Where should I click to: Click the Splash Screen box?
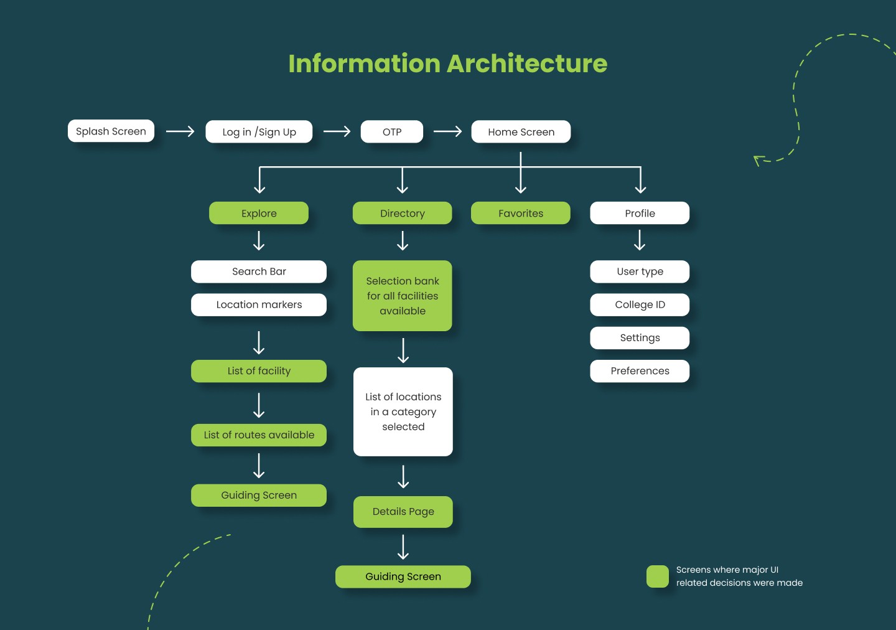pos(111,131)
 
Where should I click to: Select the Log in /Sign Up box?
pos(259,132)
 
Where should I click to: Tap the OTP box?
pos(392,132)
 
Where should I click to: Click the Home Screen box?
pos(521,132)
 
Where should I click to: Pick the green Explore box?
pos(259,214)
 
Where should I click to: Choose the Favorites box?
pos(521,214)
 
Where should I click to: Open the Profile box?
pos(640,214)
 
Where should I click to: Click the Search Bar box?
pos(259,271)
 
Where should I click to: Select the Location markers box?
pos(259,305)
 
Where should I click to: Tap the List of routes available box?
pos(259,435)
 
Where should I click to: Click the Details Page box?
pos(403,512)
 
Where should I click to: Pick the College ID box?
pos(640,305)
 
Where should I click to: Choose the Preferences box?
pos(640,371)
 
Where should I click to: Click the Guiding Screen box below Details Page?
pos(403,577)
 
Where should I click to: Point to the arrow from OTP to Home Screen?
pos(447,131)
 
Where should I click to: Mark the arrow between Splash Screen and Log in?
pos(180,131)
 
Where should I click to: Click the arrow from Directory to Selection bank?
pos(403,241)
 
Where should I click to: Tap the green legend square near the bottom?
pos(658,576)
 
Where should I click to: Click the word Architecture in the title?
pos(526,63)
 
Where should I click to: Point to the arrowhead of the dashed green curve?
pos(757,159)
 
